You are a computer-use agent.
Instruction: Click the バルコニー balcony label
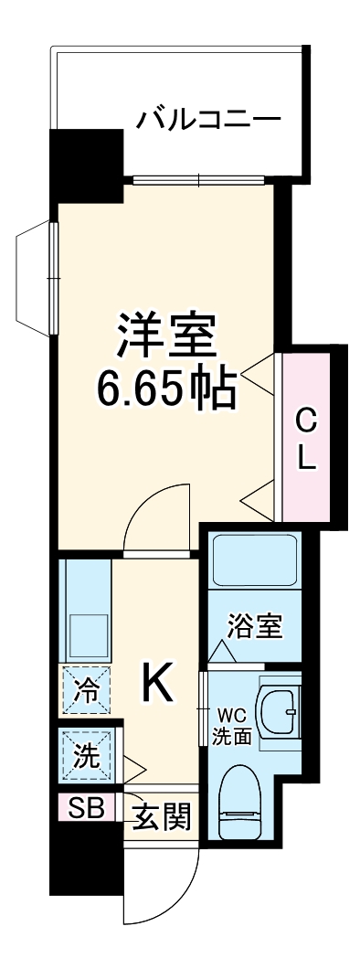(x=207, y=119)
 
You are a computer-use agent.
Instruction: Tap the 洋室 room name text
(x=166, y=336)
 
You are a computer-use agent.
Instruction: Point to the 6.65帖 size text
(x=166, y=389)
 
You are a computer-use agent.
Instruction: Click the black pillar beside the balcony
(x=84, y=160)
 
